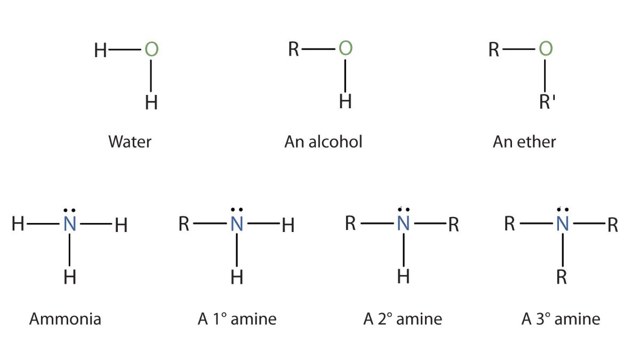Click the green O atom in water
pos(151,50)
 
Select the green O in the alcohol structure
pos(346,49)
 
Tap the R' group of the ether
pos(547,101)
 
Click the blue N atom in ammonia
pos(70,225)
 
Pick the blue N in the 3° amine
pos(561,225)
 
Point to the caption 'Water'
pos(130,142)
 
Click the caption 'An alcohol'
pos(323,142)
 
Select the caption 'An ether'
pos(524,142)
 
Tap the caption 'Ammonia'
pos(65,319)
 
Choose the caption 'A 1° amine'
pos(237,319)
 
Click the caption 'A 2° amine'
pos(403,319)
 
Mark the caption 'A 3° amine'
pos(561,319)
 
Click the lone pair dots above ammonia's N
pos(70,210)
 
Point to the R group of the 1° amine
pos(184,225)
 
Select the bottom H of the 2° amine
pos(404,277)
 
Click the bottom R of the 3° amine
pos(561,277)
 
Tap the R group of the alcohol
pos(294,50)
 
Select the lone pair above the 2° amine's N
pos(404,210)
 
